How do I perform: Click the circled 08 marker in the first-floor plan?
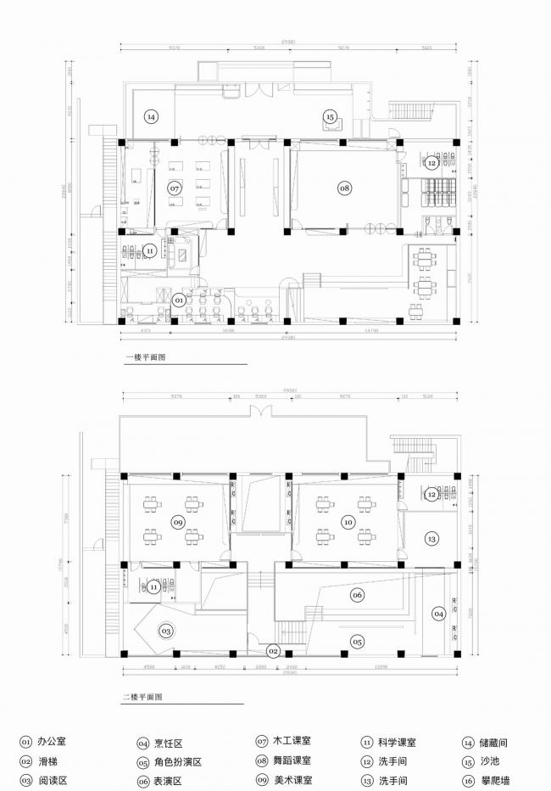coord(344,188)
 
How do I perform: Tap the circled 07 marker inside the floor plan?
coord(175,188)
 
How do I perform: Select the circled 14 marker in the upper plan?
coord(151,116)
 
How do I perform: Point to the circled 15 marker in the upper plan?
coord(330,116)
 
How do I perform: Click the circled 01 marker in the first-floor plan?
coord(179,300)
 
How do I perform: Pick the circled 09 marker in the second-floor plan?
coord(177,521)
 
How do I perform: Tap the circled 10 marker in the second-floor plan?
coord(348,522)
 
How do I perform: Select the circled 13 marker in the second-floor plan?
coord(431,539)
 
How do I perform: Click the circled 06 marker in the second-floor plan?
coord(357,595)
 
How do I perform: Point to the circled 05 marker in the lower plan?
coord(357,642)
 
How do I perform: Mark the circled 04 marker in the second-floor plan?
coord(438,613)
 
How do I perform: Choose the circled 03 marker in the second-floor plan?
coord(166,631)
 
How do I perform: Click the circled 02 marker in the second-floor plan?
coord(273,652)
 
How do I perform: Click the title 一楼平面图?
coord(145,357)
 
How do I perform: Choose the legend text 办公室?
coord(53,742)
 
